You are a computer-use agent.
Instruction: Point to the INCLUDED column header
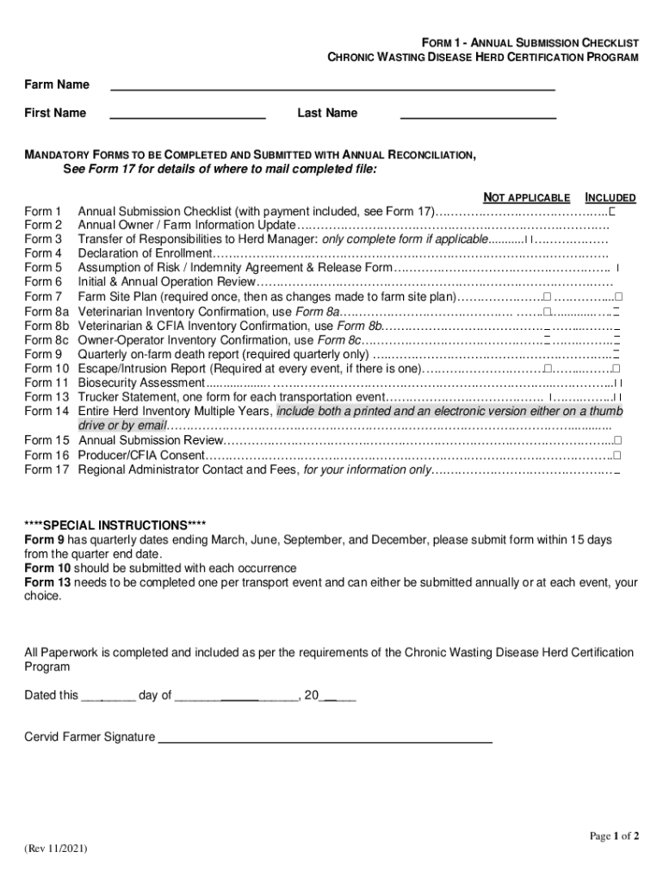(x=610, y=198)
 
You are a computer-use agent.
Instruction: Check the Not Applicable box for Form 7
(x=547, y=296)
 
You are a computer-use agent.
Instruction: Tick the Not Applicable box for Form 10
(x=547, y=368)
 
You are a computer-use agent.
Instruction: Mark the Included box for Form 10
(x=617, y=368)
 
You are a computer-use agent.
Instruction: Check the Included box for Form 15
(x=617, y=440)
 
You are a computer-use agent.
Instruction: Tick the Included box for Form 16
(x=617, y=455)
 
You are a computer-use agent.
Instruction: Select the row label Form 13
(x=46, y=397)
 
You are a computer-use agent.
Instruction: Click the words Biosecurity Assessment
(x=141, y=382)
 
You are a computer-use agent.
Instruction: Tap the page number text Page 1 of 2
(x=614, y=835)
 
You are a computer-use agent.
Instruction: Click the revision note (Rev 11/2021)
(x=56, y=848)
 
